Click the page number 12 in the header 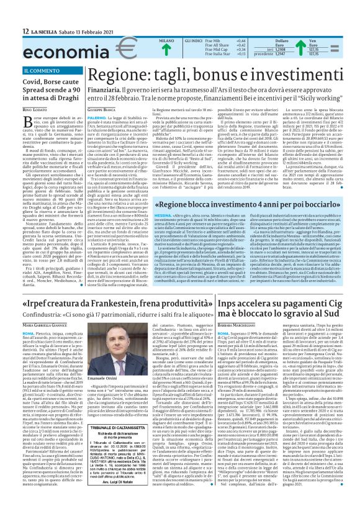pos(9,31)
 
